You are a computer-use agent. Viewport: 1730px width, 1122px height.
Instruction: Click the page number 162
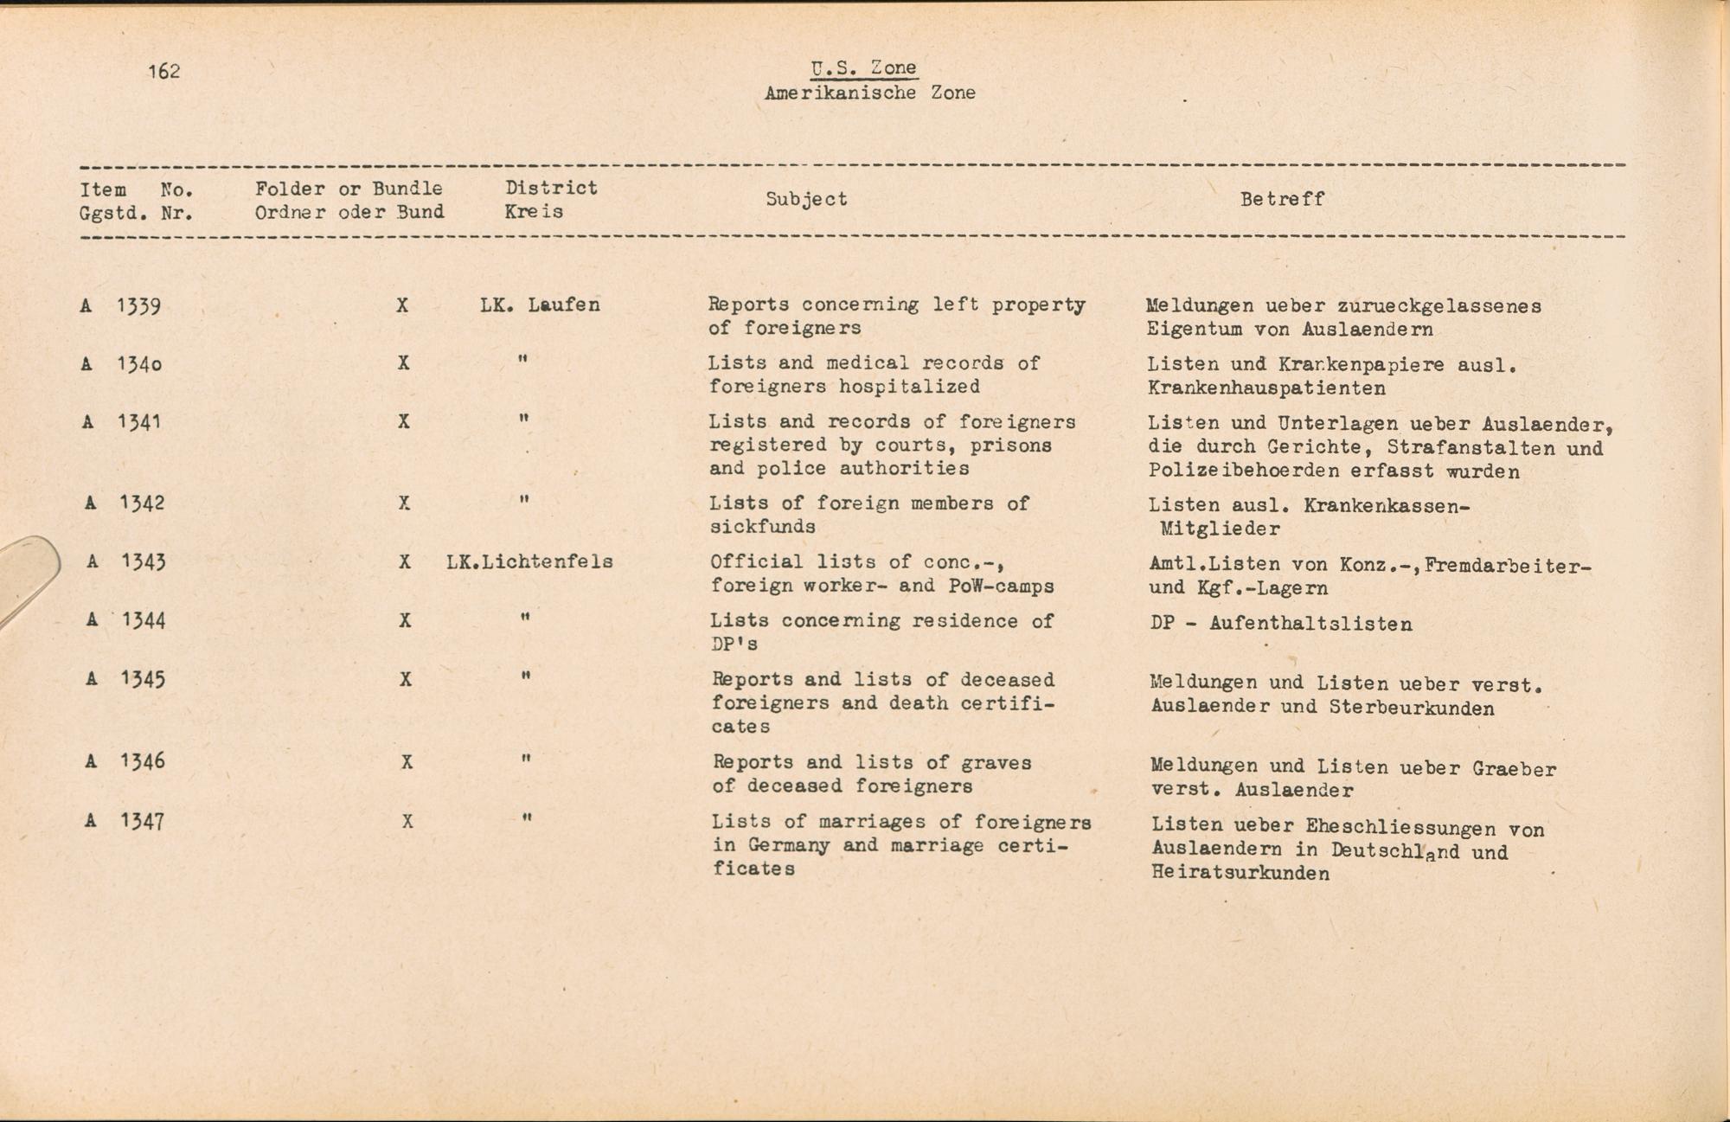tap(163, 71)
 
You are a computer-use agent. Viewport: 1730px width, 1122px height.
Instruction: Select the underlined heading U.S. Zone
tap(863, 68)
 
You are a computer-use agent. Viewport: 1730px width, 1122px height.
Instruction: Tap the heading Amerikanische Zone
tap(869, 93)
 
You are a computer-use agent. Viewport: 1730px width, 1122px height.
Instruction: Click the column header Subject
tap(806, 199)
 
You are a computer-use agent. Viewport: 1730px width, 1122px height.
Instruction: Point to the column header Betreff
tap(1282, 199)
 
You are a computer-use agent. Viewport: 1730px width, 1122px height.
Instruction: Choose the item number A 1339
tap(121, 305)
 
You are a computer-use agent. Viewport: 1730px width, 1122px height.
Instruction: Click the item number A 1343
tap(126, 561)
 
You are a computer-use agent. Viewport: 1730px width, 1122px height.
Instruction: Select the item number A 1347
tap(125, 820)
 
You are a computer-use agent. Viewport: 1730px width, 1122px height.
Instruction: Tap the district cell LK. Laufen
tap(540, 305)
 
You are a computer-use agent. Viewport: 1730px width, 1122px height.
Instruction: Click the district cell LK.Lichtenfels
tap(529, 561)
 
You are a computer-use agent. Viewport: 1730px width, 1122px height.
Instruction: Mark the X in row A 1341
tap(403, 421)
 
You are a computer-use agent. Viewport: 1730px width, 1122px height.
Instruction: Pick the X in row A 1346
tap(406, 762)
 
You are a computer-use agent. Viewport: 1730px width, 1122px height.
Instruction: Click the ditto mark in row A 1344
tap(525, 619)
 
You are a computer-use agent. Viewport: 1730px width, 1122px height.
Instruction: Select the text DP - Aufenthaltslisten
tap(1281, 624)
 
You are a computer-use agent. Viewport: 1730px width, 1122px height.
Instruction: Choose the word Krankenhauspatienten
tap(1266, 388)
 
